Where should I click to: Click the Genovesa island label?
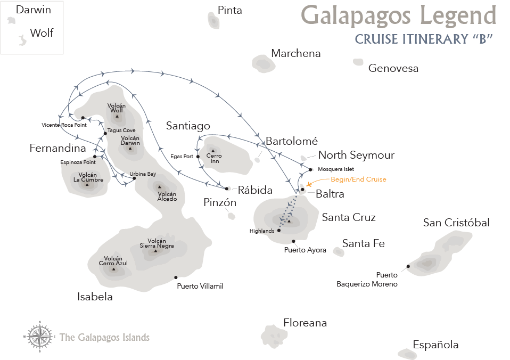click(x=393, y=68)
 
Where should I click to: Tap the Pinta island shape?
click(x=213, y=21)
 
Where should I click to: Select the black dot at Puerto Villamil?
click(x=176, y=277)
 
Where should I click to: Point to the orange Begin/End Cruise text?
click(x=358, y=179)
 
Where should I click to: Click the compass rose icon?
click(x=39, y=337)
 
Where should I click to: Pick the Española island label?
click(x=435, y=345)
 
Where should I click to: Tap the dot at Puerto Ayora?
click(x=293, y=241)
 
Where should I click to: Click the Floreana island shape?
click(x=274, y=336)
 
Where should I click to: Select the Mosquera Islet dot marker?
click(x=310, y=169)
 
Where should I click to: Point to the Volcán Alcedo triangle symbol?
click(x=159, y=187)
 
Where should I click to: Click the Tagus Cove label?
click(x=121, y=130)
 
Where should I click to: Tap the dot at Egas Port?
click(x=198, y=157)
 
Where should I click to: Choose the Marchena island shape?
click(x=264, y=63)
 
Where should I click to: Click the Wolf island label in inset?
click(x=42, y=33)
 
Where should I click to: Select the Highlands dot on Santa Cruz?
click(x=279, y=231)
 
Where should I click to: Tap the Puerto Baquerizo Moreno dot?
click(x=408, y=266)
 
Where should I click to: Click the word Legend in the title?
click(x=458, y=15)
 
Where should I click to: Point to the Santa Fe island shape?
click(x=339, y=251)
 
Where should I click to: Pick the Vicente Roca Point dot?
click(x=83, y=118)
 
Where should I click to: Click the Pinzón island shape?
click(x=231, y=216)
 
